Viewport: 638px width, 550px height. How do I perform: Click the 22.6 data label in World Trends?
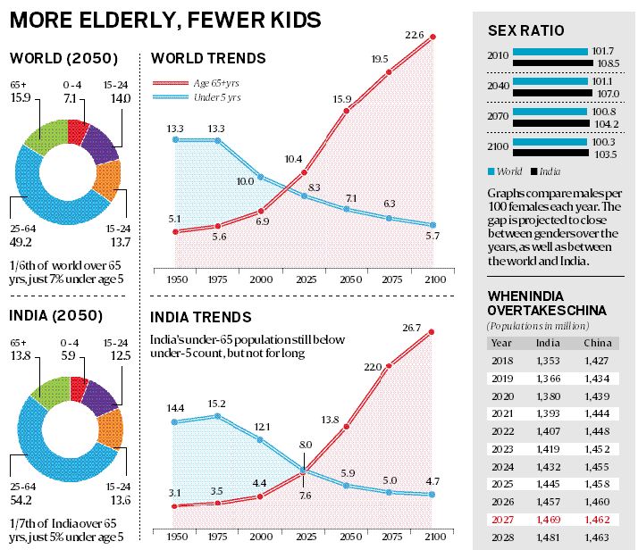414,36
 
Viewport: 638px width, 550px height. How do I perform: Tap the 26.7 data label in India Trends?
412,329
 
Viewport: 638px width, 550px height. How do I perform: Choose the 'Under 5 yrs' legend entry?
217,95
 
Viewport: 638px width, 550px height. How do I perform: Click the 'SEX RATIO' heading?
525,31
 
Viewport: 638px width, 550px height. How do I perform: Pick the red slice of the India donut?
80,388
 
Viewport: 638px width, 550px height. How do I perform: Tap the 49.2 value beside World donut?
22,239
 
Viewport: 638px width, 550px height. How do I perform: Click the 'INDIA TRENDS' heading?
201,317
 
